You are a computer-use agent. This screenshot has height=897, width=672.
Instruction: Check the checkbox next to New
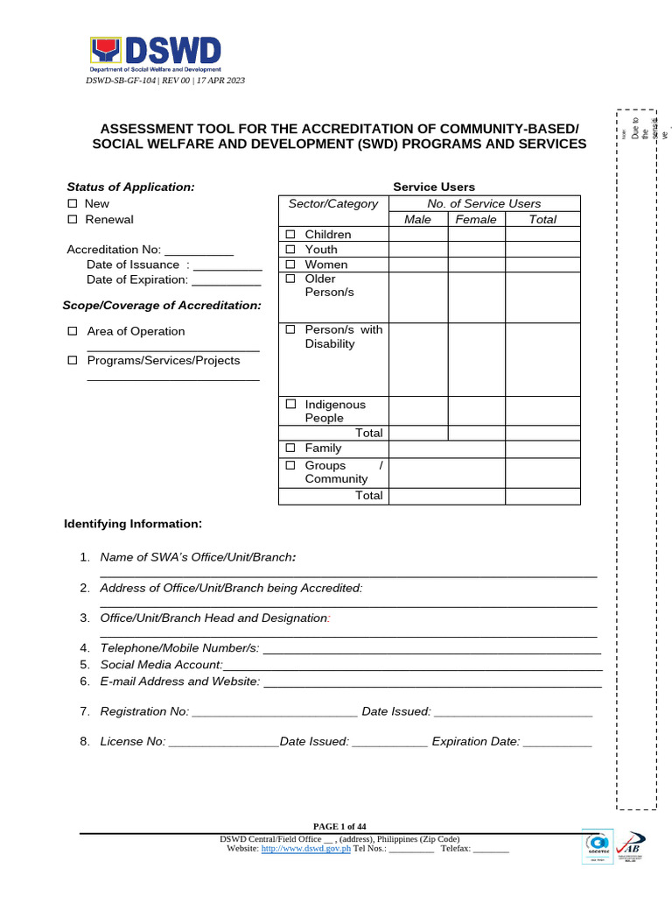pyautogui.click(x=73, y=203)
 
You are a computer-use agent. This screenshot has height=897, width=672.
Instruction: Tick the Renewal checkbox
pyautogui.click(x=73, y=219)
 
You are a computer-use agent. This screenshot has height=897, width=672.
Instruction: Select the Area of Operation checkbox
pyautogui.click(x=73, y=331)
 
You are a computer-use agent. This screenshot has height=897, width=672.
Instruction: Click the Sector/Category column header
pyautogui.click(x=333, y=203)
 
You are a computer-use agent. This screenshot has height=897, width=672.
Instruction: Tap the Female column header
pyautogui.click(x=476, y=219)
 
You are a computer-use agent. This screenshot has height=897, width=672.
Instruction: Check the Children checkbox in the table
pyautogui.click(x=290, y=235)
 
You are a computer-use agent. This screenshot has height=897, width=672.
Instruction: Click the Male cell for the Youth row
pyautogui.click(x=418, y=250)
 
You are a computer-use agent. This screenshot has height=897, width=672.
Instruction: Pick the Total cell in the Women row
pyautogui.click(x=542, y=265)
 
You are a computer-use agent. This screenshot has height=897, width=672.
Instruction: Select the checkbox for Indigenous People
pyautogui.click(x=290, y=405)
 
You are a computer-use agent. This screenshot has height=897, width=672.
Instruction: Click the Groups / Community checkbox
pyautogui.click(x=290, y=466)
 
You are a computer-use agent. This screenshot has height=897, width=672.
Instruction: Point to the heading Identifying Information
pyautogui.click(x=133, y=524)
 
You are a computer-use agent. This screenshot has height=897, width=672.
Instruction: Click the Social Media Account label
pyautogui.click(x=155, y=665)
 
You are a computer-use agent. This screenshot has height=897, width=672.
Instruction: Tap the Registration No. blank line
pyautogui.click(x=275, y=712)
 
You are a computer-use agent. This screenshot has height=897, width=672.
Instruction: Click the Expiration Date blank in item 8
pyautogui.click(x=557, y=742)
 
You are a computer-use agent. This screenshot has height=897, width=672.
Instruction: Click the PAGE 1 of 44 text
pyautogui.click(x=339, y=826)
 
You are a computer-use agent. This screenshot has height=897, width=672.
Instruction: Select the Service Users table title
pyautogui.click(x=434, y=187)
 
